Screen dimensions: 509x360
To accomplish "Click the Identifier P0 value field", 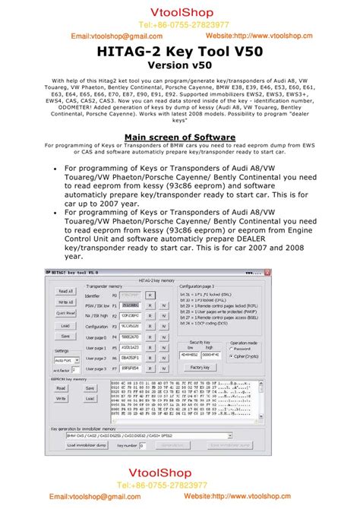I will pyautogui.click(x=131, y=295).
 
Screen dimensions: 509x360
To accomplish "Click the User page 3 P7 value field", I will pyautogui.click(x=131, y=368).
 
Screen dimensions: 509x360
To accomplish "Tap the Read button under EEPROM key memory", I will pyautogui.click(x=62, y=387).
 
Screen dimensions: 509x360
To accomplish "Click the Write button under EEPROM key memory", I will pyautogui.click(x=62, y=397).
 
